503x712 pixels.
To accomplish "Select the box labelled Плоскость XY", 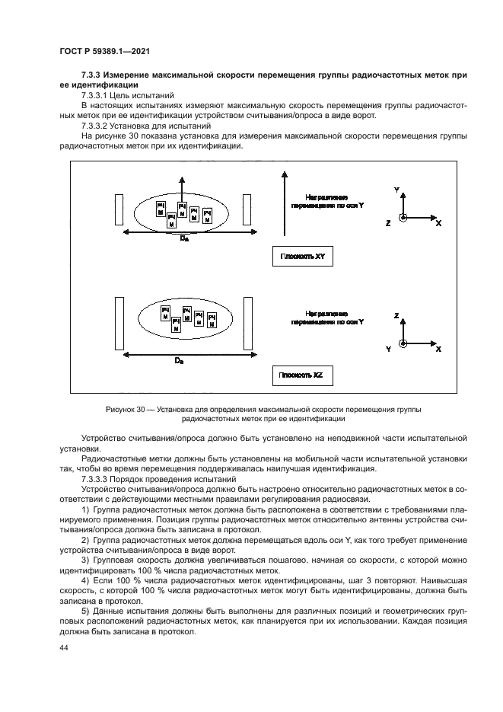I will (x=298, y=257).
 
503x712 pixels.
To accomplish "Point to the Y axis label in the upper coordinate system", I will (x=396, y=187).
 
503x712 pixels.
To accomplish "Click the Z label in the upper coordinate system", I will (x=388, y=223).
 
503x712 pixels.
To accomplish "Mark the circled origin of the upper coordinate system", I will (x=403, y=218).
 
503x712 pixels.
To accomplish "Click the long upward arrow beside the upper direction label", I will (x=283, y=206).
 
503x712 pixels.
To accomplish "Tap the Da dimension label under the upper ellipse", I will (x=183, y=239).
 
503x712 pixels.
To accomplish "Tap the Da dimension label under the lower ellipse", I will (x=178, y=360).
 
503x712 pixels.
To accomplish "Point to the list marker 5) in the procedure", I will (x=85, y=613).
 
